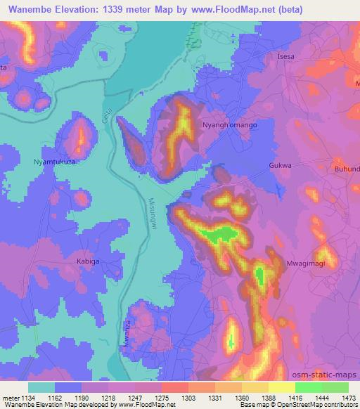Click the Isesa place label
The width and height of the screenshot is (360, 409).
pyautogui.click(x=286, y=56)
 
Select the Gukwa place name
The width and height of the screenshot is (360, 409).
pyautogui.click(x=280, y=166)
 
